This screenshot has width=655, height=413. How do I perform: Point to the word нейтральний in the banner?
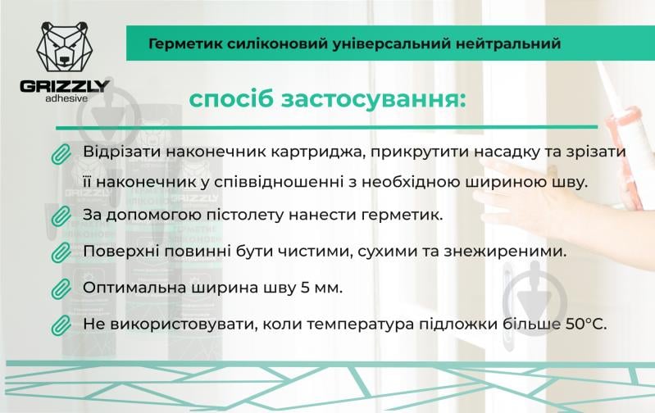(x=512, y=43)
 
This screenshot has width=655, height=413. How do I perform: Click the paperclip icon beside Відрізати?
(x=61, y=154)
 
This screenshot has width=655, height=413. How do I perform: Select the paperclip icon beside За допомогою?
(x=61, y=216)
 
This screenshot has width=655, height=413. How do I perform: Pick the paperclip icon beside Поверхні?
(x=61, y=252)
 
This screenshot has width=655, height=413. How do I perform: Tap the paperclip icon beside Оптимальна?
(x=61, y=288)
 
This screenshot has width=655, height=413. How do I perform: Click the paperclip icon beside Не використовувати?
(x=61, y=324)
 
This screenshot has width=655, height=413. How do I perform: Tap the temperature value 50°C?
(x=584, y=324)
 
